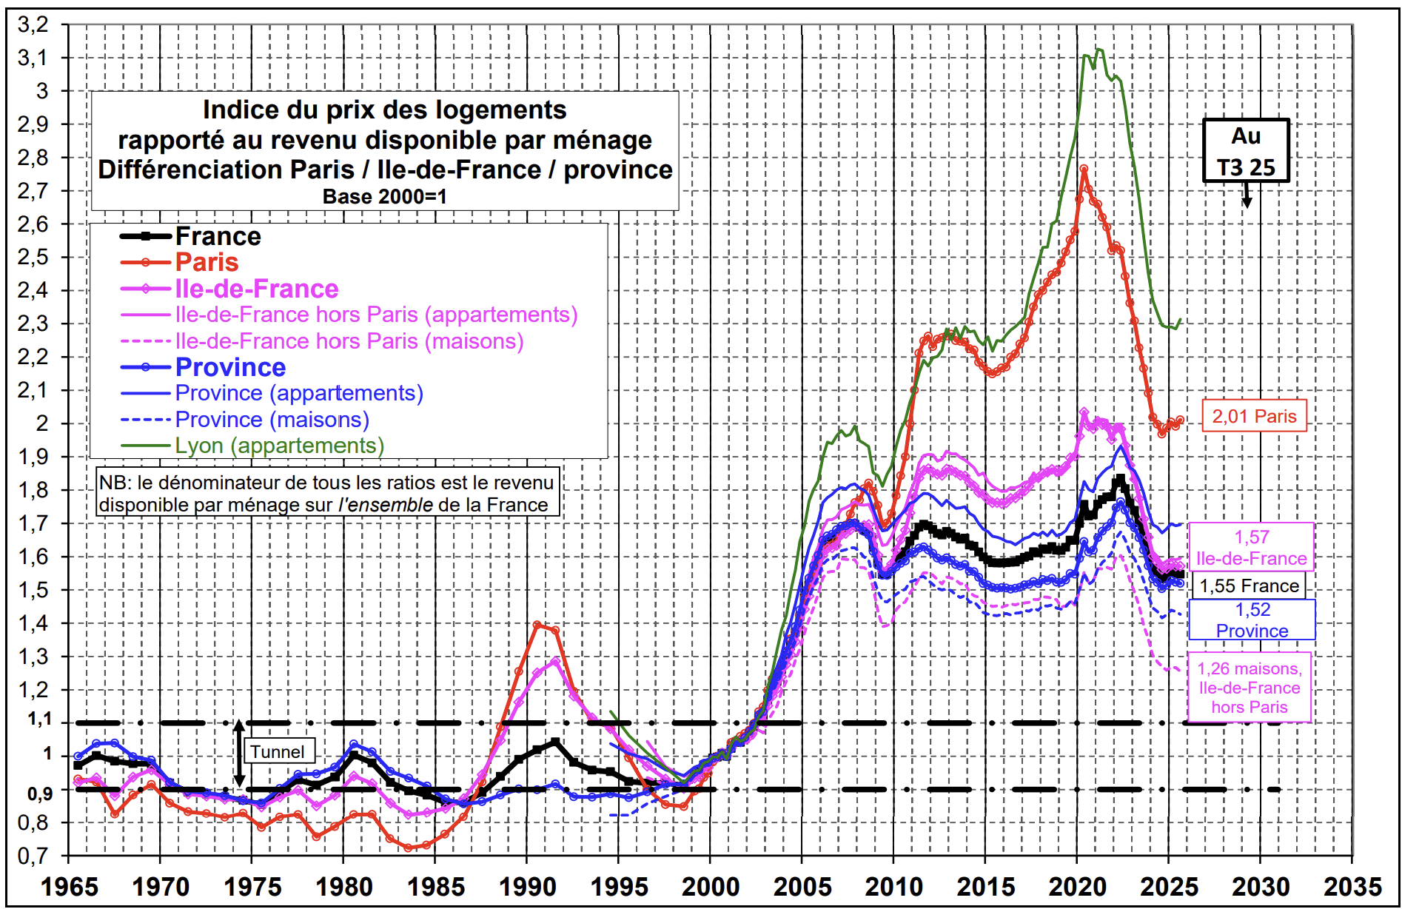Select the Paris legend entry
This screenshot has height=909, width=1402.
click(207, 262)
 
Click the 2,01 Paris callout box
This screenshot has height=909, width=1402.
click(1254, 416)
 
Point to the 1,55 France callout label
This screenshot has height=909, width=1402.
click(1249, 586)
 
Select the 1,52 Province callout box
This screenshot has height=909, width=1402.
click(1252, 620)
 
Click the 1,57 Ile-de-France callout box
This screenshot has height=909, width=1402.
click(1251, 547)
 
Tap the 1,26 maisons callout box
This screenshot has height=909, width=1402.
click(1250, 687)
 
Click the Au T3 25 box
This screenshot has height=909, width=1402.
click(1246, 151)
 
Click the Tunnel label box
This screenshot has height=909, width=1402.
click(278, 751)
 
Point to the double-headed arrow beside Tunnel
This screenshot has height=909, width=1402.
click(239, 753)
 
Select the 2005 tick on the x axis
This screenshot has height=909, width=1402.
click(802, 886)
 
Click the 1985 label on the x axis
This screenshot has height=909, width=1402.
click(435, 886)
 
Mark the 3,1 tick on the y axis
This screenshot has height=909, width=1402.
click(33, 58)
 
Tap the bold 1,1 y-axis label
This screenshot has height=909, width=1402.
click(39, 719)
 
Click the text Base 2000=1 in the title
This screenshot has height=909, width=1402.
click(384, 196)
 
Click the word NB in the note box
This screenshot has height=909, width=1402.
click(113, 483)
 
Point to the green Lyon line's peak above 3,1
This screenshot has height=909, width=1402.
click(1099, 50)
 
